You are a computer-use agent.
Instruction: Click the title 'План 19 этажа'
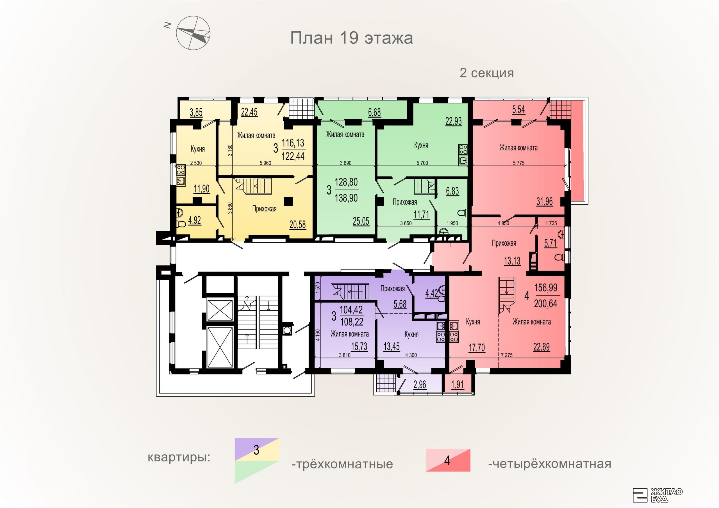click(351, 38)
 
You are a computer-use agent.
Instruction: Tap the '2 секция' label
click(487, 73)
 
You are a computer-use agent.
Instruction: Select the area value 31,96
click(545, 202)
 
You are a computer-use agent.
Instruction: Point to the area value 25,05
click(361, 221)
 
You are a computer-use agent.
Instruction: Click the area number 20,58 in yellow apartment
click(297, 225)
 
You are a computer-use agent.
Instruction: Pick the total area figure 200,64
click(545, 303)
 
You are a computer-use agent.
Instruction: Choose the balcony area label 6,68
click(375, 112)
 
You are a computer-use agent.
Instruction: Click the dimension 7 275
click(507, 355)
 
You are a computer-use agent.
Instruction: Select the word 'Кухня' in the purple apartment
click(411, 334)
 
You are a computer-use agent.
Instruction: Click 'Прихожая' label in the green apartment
click(405, 202)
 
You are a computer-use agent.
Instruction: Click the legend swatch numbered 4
click(448, 460)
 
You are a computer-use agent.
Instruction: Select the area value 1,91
click(458, 384)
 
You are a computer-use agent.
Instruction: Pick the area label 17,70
click(477, 347)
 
